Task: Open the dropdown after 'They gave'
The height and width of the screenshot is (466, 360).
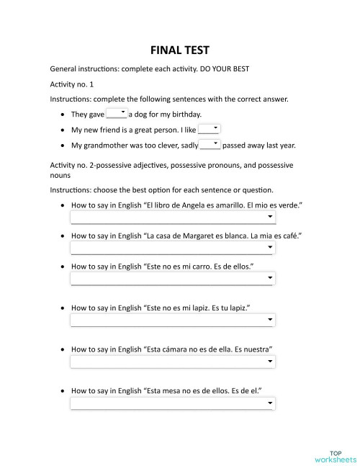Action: (x=117, y=113)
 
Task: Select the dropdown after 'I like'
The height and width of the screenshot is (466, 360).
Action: (x=209, y=129)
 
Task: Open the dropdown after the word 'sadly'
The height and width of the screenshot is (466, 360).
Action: (x=210, y=145)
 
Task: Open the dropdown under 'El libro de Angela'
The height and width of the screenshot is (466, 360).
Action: (x=172, y=217)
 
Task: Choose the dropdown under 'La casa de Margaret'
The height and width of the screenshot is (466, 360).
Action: (x=172, y=248)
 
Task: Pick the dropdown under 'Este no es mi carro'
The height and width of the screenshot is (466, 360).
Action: (x=172, y=279)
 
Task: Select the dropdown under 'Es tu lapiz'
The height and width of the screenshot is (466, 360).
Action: (x=172, y=321)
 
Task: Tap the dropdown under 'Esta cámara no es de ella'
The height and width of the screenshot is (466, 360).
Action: (x=172, y=362)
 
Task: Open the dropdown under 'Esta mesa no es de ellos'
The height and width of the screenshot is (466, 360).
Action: (x=172, y=403)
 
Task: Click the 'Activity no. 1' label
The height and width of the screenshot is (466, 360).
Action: (x=72, y=84)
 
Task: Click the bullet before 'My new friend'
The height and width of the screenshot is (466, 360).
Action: (x=64, y=130)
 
